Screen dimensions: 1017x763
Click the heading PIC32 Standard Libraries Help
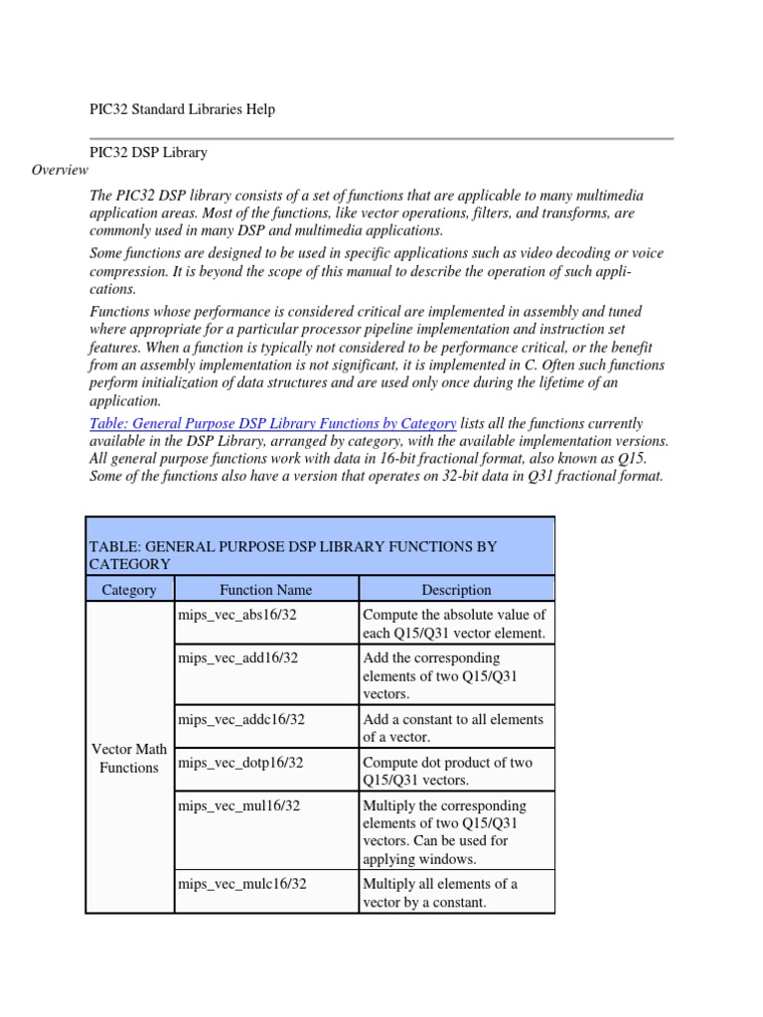tap(182, 109)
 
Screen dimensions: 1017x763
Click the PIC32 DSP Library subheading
tap(148, 152)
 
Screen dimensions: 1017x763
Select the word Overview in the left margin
tap(60, 170)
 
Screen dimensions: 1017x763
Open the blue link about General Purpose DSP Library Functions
tap(272, 423)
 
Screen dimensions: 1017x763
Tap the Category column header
tap(129, 590)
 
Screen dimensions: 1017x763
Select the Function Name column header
tap(266, 590)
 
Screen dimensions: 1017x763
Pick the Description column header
tap(456, 590)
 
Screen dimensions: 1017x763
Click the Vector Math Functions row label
tap(129, 758)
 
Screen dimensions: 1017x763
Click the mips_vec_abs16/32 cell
tap(237, 615)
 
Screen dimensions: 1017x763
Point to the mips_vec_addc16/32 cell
tap(241, 719)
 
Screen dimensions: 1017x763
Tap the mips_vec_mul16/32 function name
tap(238, 805)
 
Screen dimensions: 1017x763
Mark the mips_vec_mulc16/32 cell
tap(242, 883)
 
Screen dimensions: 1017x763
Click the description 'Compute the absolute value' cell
tap(454, 624)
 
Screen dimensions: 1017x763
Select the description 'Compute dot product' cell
tap(448, 771)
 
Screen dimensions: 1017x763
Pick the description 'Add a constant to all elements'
tap(453, 728)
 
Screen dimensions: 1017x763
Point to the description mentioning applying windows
tap(445, 831)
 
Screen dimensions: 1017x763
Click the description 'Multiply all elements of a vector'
tap(440, 892)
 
